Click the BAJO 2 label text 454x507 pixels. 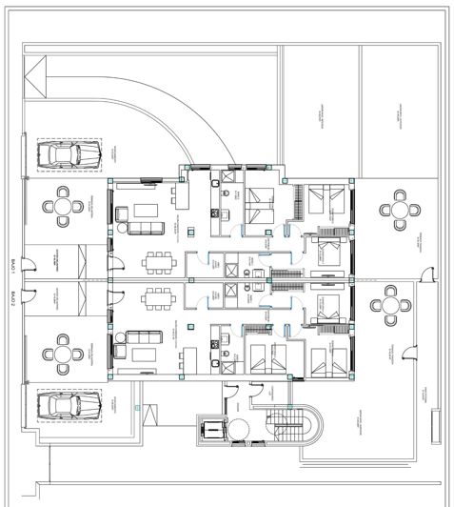coord(13,298)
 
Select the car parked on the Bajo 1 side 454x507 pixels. coord(63,154)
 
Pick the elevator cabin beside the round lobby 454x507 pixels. coord(211,431)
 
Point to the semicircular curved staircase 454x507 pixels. coord(291,424)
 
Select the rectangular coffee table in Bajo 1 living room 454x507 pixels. coord(146,210)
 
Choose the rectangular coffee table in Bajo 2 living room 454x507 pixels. coord(146,354)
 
